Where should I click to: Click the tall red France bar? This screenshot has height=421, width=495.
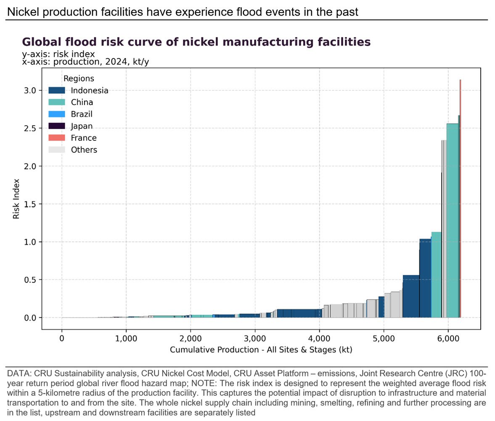pyautogui.click(x=461, y=198)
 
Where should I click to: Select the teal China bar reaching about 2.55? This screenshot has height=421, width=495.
pyautogui.click(x=452, y=219)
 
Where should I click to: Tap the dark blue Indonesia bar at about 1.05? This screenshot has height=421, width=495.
pyautogui.click(x=425, y=278)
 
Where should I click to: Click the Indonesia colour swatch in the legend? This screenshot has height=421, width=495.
pyautogui.click(x=57, y=90)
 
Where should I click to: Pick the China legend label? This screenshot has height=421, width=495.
pyautogui.click(x=82, y=102)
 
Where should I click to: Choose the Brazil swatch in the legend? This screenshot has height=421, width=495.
pyautogui.click(x=57, y=114)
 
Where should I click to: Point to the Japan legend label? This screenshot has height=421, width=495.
pyautogui.click(x=82, y=126)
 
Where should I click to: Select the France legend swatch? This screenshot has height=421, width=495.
pyautogui.click(x=57, y=138)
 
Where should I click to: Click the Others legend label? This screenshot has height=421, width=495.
pyautogui.click(x=84, y=150)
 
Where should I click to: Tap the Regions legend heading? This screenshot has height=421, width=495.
pyautogui.click(x=79, y=79)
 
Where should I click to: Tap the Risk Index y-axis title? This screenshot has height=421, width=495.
pyautogui.click(x=16, y=198)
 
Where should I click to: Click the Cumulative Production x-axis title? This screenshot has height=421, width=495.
pyautogui.click(x=261, y=350)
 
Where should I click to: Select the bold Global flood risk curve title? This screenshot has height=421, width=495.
pyautogui.click(x=196, y=42)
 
